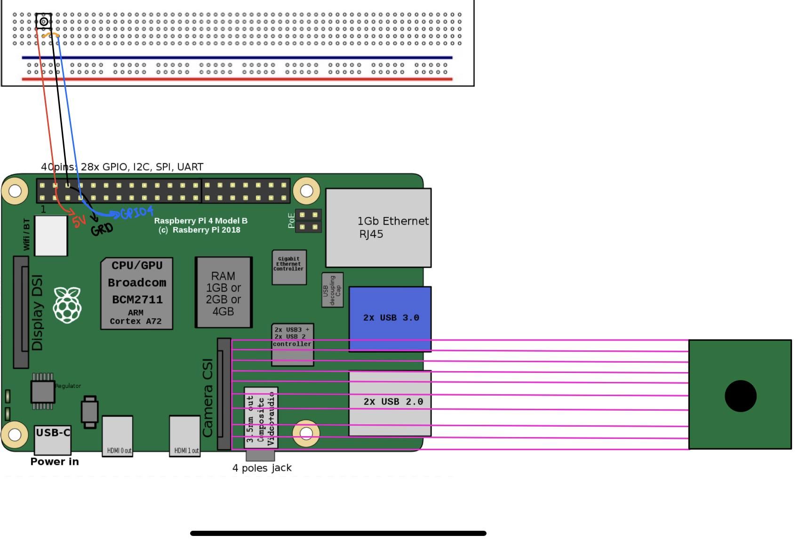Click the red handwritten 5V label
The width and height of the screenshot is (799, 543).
click(x=80, y=220)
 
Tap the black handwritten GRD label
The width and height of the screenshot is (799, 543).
click(x=102, y=229)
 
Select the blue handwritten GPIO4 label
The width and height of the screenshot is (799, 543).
click(x=137, y=213)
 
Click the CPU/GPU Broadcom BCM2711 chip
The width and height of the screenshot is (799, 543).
click(x=136, y=293)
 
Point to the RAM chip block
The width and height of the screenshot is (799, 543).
click(x=224, y=292)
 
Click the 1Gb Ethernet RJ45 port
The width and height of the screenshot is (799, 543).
click(x=378, y=227)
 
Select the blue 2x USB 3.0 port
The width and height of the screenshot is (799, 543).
click(x=390, y=318)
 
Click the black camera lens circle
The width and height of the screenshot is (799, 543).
click(x=740, y=396)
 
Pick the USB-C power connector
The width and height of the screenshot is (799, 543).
click(x=53, y=439)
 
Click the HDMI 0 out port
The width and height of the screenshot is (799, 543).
click(x=118, y=436)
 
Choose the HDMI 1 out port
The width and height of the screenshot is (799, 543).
click(x=185, y=436)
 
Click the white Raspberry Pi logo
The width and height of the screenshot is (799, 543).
click(x=67, y=305)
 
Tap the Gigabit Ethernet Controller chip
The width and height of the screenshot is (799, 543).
click(x=289, y=267)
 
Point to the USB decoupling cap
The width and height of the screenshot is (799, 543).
click(x=332, y=290)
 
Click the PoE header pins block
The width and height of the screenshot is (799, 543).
click(x=308, y=221)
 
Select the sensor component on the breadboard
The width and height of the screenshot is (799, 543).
click(x=44, y=21)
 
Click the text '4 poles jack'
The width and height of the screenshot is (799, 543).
click(x=262, y=468)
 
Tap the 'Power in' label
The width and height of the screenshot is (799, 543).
click(x=55, y=462)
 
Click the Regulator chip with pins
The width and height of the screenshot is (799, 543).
click(x=43, y=391)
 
